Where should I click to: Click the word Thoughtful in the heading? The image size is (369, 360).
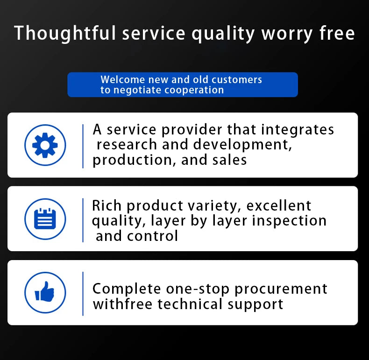click(x=65, y=34)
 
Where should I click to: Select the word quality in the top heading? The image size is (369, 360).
click(x=223, y=35)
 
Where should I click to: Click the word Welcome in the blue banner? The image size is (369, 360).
click(x=122, y=79)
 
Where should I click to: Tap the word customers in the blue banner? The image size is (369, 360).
click(x=237, y=80)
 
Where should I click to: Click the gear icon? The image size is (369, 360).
click(x=45, y=145)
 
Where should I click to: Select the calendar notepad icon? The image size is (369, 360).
click(x=45, y=219)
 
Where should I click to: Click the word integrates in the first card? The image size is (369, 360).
click(x=298, y=130)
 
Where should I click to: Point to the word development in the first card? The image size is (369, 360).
click(x=242, y=145)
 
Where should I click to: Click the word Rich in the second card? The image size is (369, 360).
click(x=106, y=205)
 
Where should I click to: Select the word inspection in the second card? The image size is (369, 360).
click(x=289, y=221)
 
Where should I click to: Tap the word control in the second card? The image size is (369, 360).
click(x=152, y=236)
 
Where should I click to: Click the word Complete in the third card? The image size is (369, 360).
click(x=127, y=289)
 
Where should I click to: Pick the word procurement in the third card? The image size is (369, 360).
click(x=281, y=289)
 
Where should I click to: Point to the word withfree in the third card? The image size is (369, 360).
click(x=122, y=304)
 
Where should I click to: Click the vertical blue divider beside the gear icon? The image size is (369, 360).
click(x=83, y=146)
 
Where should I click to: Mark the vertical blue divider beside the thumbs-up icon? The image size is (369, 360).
click(x=83, y=294)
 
